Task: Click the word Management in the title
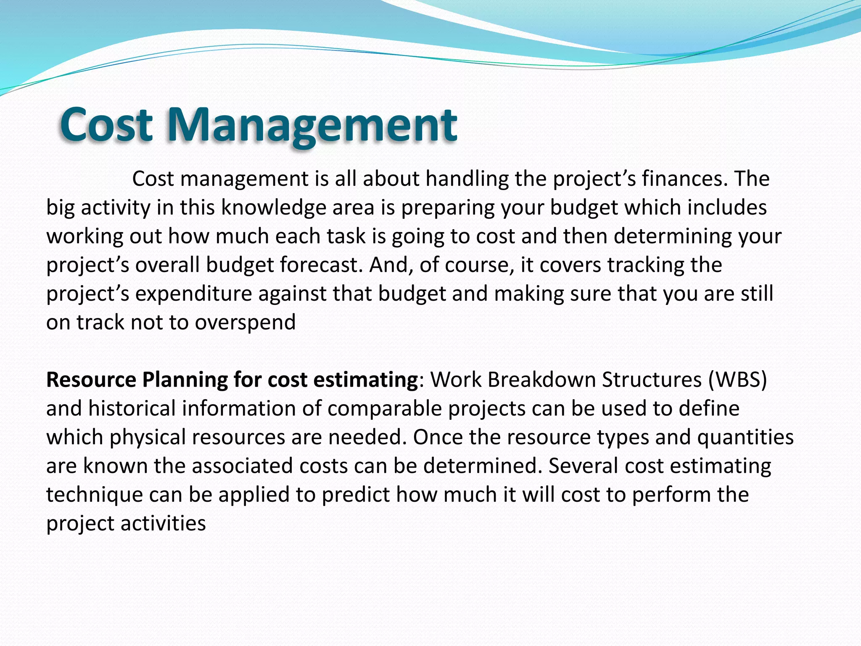click(312, 125)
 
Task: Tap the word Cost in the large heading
click(106, 125)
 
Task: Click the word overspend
click(246, 323)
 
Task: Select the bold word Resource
click(91, 380)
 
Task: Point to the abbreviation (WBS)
click(737, 380)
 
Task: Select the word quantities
click(745, 437)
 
